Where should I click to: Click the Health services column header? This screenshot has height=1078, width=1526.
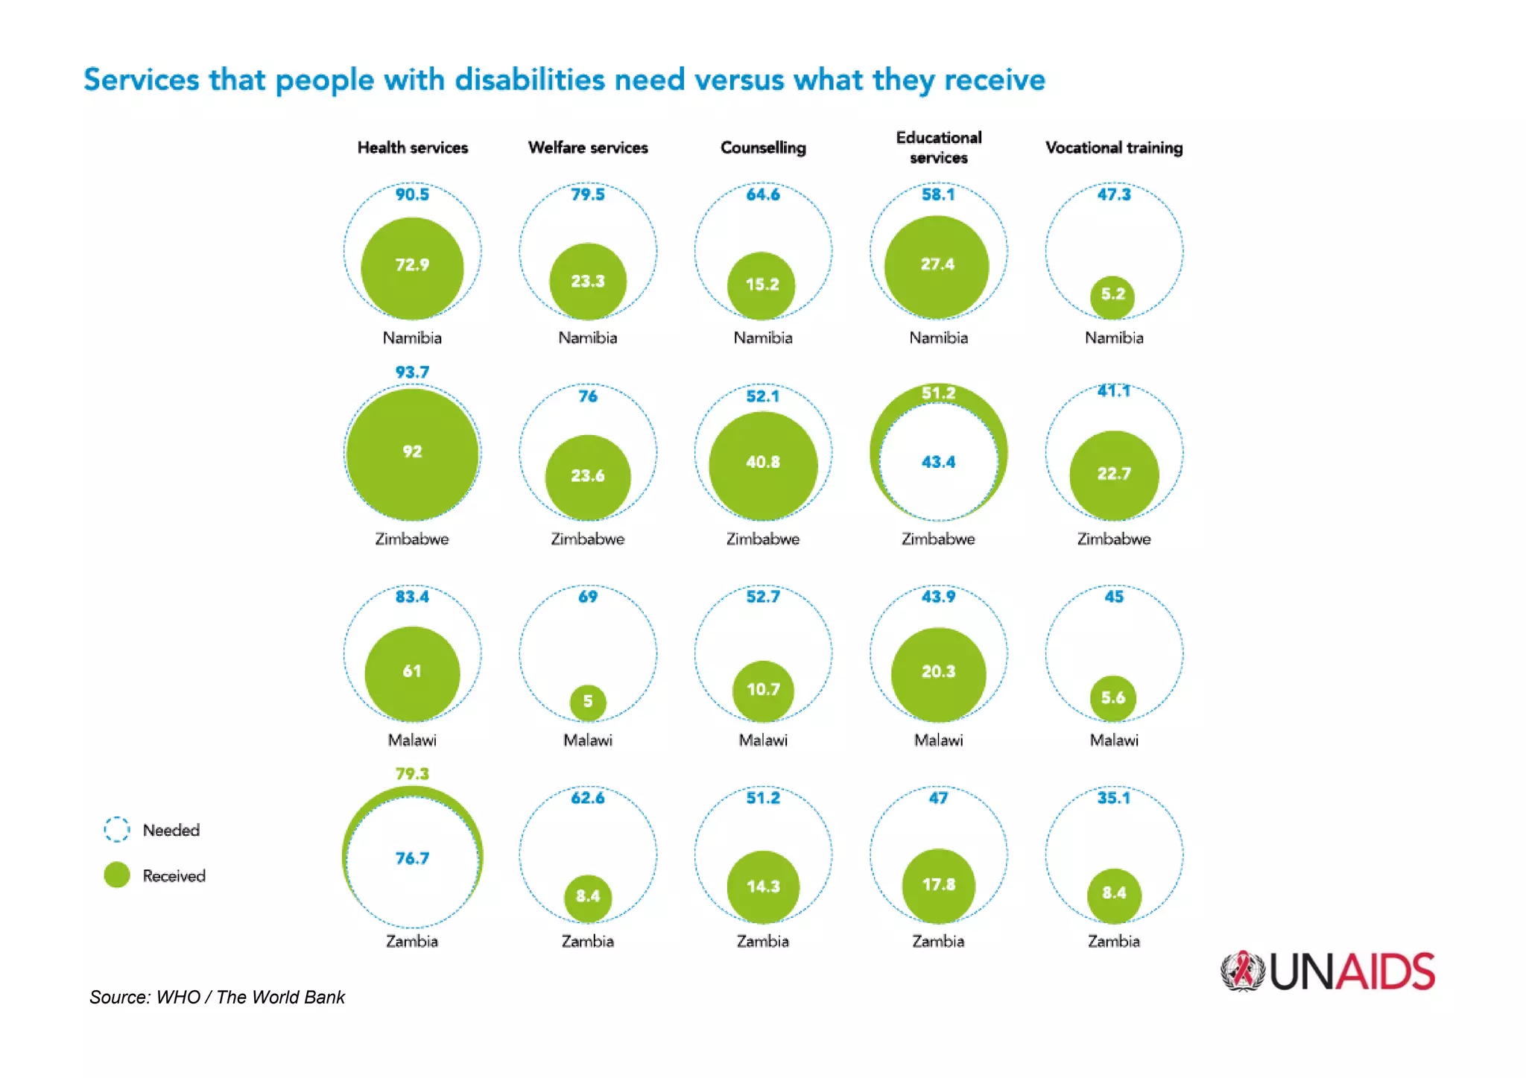click(412, 148)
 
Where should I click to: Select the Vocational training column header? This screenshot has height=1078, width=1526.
click(1113, 148)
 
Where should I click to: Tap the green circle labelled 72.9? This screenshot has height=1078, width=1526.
click(412, 268)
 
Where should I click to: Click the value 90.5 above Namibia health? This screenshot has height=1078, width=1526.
click(412, 194)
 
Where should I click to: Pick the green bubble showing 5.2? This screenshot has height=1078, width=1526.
click(1112, 296)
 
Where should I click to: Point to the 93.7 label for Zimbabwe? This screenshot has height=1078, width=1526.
click(412, 372)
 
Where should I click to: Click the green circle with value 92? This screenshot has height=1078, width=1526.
click(412, 453)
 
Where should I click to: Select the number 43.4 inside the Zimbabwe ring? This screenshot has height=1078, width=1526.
click(938, 462)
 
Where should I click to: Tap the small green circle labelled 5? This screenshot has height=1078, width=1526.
click(588, 703)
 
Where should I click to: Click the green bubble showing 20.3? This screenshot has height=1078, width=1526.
click(938, 673)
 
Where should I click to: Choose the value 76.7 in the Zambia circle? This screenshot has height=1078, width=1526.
click(412, 858)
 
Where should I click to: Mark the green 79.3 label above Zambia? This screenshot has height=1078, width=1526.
click(412, 774)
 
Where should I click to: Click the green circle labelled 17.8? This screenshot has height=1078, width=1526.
click(938, 885)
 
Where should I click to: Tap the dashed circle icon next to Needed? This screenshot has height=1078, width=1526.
click(117, 829)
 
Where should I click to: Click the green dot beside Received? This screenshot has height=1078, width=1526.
click(117, 875)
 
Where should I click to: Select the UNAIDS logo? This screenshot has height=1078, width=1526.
click(1327, 971)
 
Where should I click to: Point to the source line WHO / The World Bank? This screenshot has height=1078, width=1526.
click(217, 997)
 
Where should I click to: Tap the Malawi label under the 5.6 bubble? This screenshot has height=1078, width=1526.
click(1113, 740)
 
